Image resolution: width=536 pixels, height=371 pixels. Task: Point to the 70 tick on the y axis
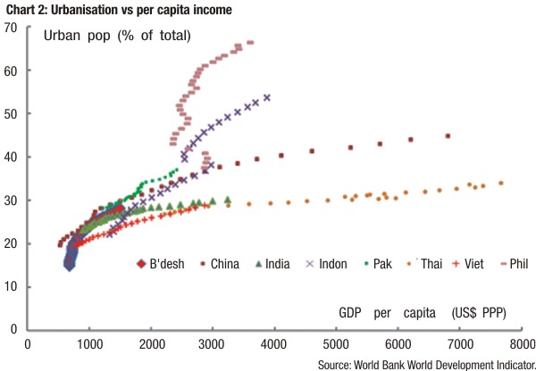(x=13, y=28)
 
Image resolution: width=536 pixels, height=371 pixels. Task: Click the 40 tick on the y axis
(x=13, y=157)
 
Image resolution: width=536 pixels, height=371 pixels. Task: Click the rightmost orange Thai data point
(x=501, y=183)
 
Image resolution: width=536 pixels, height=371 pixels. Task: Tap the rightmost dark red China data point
(x=448, y=136)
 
